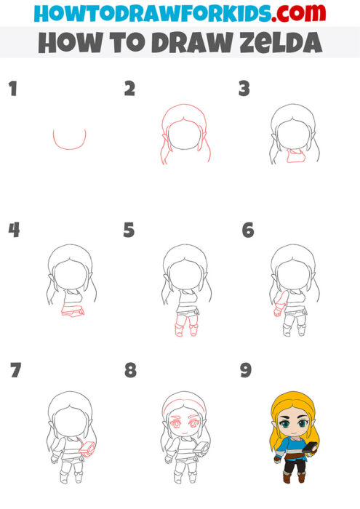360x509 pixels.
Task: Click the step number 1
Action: click(x=12, y=89)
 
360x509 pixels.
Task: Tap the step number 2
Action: click(x=130, y=89)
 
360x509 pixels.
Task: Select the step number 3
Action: click(x=244, y=89)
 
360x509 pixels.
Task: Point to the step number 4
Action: click(x=14, y=231)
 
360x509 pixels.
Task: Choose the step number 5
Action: click(x=129, y=231)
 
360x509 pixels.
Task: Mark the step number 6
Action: click(x=247, y=231)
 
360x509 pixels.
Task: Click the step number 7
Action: click(x=15, y=371)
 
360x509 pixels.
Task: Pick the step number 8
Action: click(x=130, y=371)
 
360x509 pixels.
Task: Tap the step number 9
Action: click(x=246, y=371)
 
